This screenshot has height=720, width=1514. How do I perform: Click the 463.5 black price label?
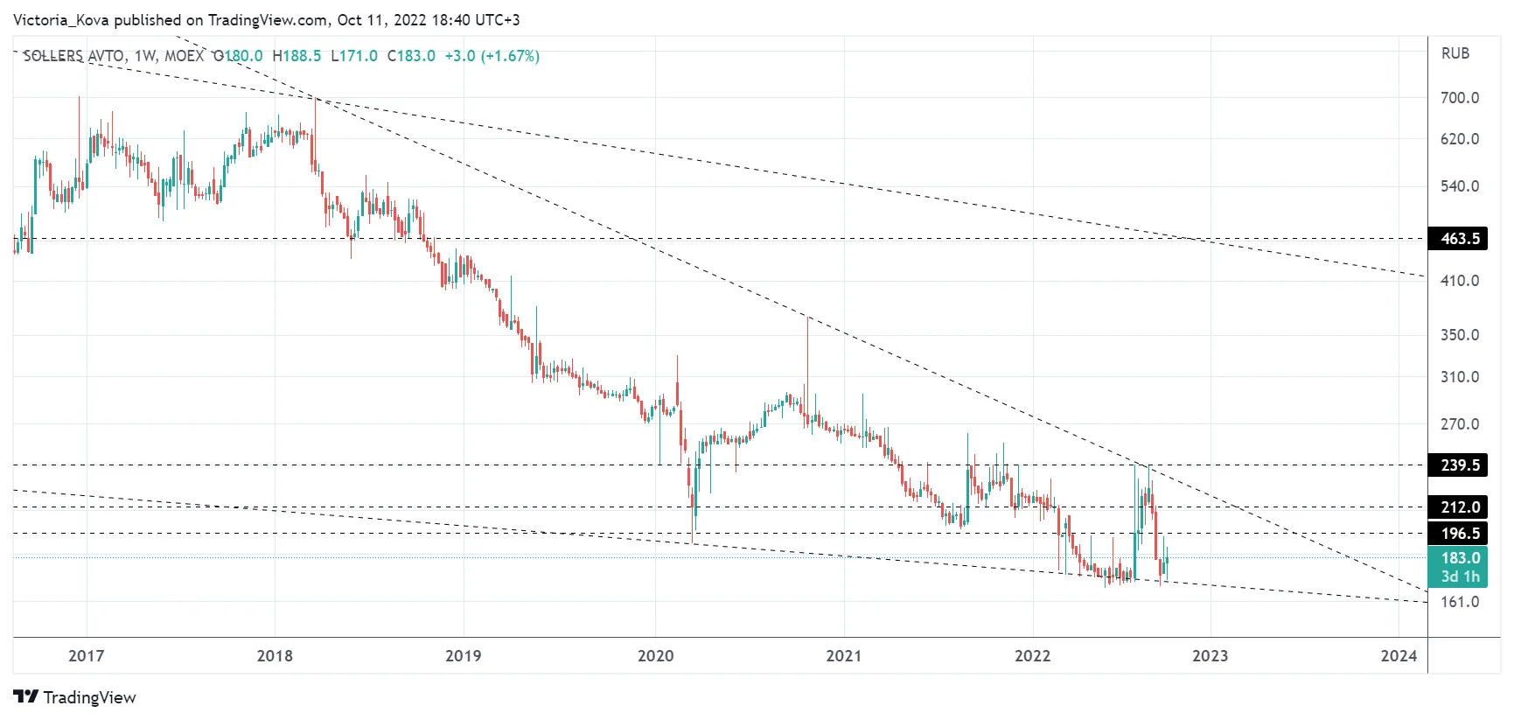(1457, 239)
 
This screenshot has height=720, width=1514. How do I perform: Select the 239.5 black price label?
(1457, 465)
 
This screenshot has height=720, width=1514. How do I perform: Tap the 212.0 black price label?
(1457, 507)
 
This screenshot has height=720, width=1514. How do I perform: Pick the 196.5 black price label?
(1457, 533)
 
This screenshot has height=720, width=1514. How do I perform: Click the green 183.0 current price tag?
(1457, 567)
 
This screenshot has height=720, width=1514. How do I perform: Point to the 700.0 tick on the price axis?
(1460, 98)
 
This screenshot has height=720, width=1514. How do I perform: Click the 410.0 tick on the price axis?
(1460, 281)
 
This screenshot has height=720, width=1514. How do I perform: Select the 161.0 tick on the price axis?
(1460, 602)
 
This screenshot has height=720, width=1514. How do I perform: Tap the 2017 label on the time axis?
(86, 656)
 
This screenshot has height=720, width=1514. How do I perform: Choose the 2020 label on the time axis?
(656, 656)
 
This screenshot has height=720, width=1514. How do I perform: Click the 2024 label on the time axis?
(1399, 656)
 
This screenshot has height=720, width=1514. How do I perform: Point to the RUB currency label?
(1455, 53)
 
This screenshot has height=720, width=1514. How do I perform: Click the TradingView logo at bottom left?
(75, 697)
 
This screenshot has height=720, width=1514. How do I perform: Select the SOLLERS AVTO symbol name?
(73, 56)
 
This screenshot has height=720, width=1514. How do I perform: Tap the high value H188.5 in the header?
(297, 56)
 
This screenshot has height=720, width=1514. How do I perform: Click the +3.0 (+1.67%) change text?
(492, 56)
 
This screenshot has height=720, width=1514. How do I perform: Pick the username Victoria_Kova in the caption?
(60, 20)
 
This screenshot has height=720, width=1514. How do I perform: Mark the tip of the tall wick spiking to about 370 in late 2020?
(807, 318)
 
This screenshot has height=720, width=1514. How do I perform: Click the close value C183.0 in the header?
(411, 56)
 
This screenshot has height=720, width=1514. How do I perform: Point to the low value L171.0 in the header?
(354, 56)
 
